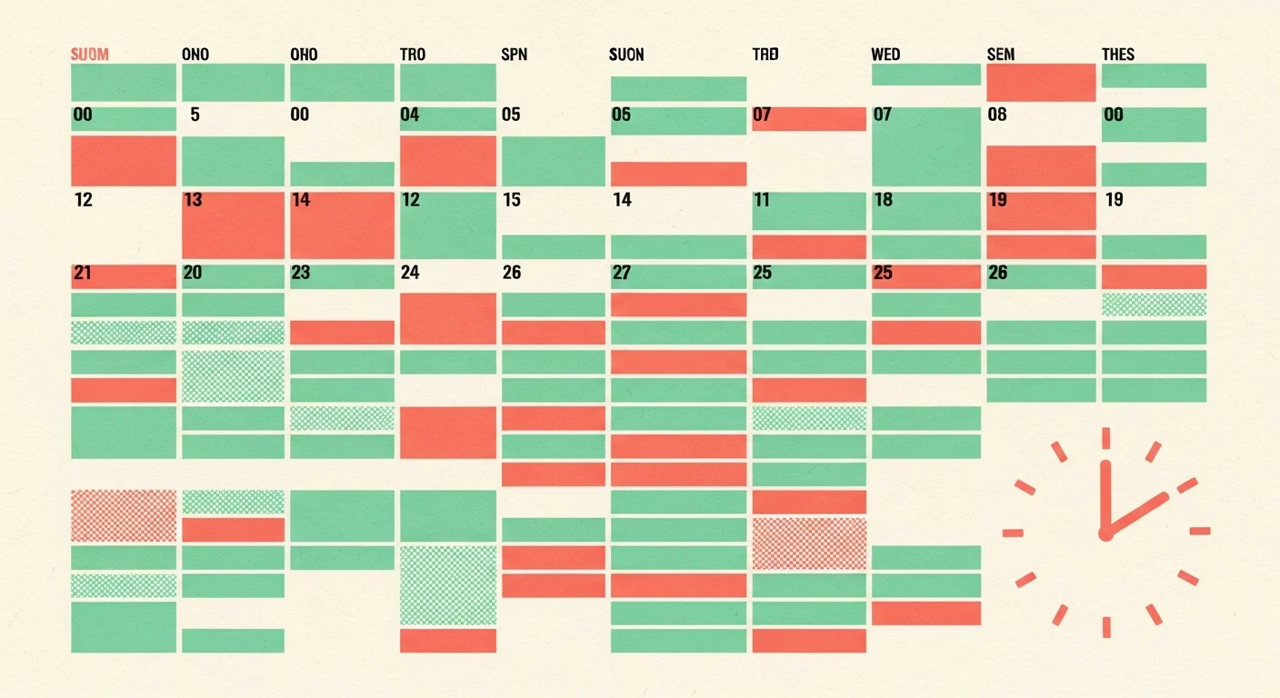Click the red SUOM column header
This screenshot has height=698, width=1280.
tap(90, 55)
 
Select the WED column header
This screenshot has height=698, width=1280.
tap(885, 55)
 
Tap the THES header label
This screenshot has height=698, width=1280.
tap(1118, 55)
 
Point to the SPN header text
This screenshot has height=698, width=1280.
tap(515, 55)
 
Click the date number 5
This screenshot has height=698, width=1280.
tap(195, 115)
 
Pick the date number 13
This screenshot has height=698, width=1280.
tap(193, 199)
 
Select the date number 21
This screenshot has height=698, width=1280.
tap(83, 273)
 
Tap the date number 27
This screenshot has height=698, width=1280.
tap(622, 273)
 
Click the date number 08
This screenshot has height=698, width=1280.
tap(997, 115)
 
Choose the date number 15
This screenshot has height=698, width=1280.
tap(512, 199)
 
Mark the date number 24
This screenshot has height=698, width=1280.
tap(410, 273)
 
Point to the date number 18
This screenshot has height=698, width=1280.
tap(884, 199)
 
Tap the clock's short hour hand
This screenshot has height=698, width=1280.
tap(1135, 515)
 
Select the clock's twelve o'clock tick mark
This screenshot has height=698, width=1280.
tap(1106, 438)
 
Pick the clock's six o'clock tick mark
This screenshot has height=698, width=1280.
tap(1107, 626)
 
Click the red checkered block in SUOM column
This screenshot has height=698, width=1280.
tap(124, 515)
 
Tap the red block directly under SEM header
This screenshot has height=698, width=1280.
tap(1041, 83)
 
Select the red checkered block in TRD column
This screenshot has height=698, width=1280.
tap(809, 543)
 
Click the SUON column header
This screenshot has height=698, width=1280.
tap(626, 55)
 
